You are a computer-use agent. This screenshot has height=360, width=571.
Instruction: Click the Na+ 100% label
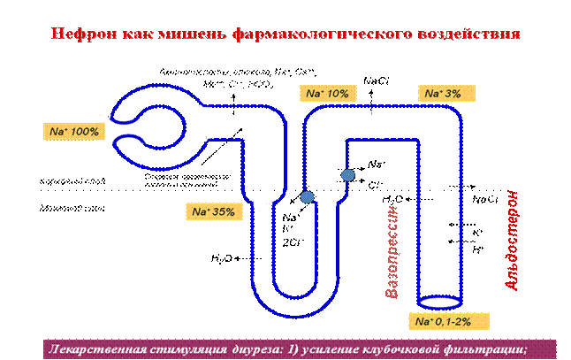[x=73, y=131]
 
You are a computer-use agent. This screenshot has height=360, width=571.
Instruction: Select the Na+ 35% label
[x=213, y=212]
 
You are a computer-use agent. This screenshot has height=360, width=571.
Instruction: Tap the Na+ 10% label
[x=328, y=93]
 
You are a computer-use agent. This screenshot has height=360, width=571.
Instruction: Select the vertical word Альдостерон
[x=514, y=240]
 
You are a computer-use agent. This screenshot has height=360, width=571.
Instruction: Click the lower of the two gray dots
[x=307, y=196]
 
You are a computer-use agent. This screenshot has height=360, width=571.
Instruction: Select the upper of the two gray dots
[x=347, y=175]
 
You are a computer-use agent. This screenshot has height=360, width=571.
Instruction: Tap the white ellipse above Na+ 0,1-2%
[x=439, y=302]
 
